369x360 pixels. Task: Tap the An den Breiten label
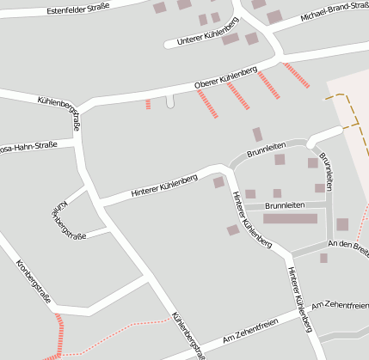(x=348, y=247)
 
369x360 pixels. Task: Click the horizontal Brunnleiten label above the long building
(x=285, y=205)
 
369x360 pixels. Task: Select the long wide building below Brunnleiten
(x=290, y=218)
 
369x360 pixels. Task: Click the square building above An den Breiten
(x=342, y=224)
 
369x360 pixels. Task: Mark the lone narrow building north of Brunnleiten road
(x=257, y=134)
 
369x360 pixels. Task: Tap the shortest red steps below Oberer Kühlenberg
(x=148, y=104)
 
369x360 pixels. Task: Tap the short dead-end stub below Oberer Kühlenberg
(x=169, y=101)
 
